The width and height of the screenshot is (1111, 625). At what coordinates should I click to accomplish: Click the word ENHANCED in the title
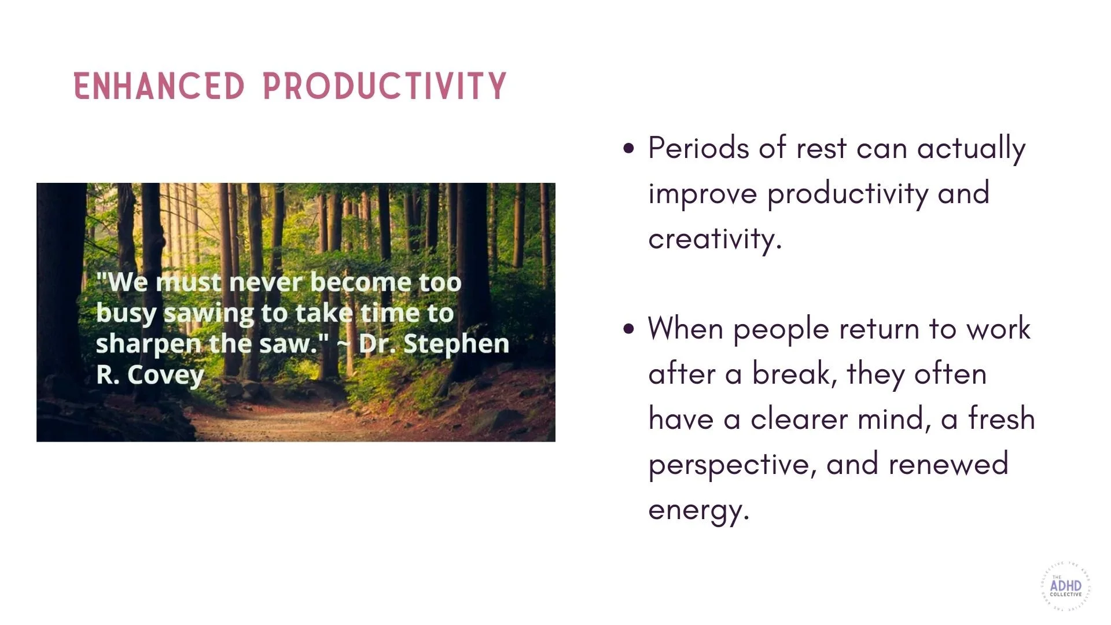pos(159,86)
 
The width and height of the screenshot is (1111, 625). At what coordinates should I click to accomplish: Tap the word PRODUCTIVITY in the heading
pos(385,86)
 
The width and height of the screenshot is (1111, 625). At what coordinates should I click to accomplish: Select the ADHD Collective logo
pos(1065,586)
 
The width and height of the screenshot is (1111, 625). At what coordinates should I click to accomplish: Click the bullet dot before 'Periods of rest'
pos(629,148)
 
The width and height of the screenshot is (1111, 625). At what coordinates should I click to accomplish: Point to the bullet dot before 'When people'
pos(629,329)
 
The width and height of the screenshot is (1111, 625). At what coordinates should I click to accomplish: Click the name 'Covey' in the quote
pos(165,375)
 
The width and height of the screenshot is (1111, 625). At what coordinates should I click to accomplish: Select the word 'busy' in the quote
pos(126,314)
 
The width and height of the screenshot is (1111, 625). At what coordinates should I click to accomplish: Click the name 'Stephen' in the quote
pos(456,344)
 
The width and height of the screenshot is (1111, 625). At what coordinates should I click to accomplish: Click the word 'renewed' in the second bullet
pos(948,464)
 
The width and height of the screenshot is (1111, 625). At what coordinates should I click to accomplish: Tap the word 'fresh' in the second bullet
pos(1002,419)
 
